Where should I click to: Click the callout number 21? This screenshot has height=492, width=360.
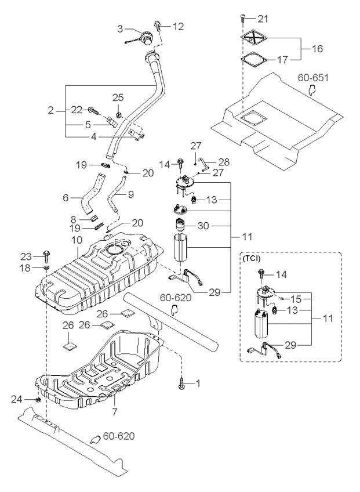pos(264,20)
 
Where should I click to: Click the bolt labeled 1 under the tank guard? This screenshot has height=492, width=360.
pos(184,383)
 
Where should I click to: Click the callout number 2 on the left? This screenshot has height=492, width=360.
pos(50,110)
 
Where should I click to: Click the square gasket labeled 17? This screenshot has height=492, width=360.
pos(254,59)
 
